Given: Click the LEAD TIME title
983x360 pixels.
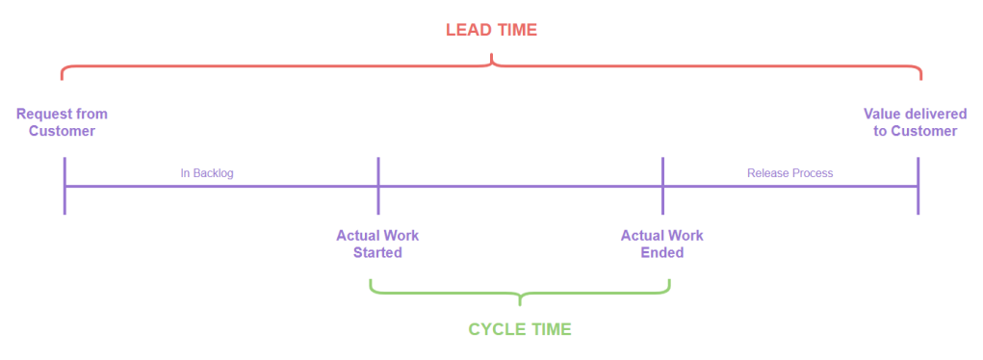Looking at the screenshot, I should (491, 30).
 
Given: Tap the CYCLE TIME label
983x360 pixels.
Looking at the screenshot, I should (520, 329).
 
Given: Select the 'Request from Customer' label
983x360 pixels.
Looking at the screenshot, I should (62, 122).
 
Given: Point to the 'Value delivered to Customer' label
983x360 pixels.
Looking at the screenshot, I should (916, 122).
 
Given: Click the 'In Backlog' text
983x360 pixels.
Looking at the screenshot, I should (207, 173).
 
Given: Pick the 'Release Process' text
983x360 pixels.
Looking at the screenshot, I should (789, 173).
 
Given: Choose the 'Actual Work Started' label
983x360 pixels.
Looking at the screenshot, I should (377, 244).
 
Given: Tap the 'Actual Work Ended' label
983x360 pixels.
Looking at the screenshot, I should (662, 244).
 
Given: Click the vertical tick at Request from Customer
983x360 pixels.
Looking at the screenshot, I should (65, 185).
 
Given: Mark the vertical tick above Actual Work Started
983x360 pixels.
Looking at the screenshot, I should (378, 185).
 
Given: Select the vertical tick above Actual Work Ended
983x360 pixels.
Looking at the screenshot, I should (662, 185).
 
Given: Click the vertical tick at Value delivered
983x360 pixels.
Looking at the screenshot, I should (918, 185).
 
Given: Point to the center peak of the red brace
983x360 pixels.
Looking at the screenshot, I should (492, 60).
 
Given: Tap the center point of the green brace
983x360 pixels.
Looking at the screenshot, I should (520, 299).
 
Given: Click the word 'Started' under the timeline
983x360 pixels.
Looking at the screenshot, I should (377, 252).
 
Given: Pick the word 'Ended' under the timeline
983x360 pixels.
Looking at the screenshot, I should (662, 252).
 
